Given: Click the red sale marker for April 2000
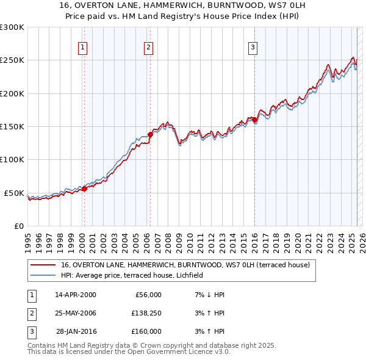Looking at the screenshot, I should (x=84, y=189).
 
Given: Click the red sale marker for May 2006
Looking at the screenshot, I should (x=150, y=134).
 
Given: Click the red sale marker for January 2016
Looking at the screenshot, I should (x=254, y=120).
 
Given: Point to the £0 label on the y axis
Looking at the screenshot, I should (x=18, y=226).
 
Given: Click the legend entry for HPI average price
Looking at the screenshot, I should (x=135, y=276).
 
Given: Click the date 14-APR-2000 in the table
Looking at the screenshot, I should (x=75, y=295).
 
